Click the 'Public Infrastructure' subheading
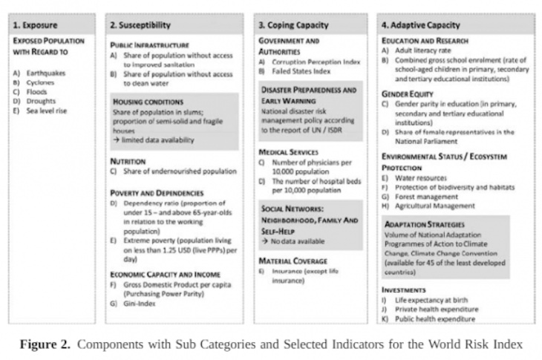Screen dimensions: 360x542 tap(150, 45)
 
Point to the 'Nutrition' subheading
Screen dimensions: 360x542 tap(128, 160)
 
